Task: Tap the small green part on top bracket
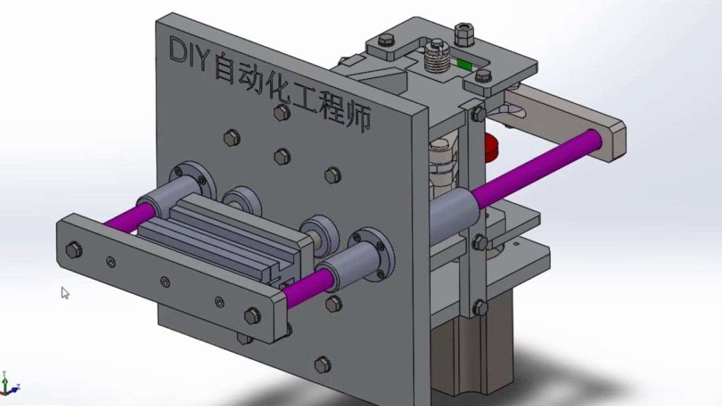pos(464,65)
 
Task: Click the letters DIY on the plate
pos(188,52)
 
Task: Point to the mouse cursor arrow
pos(65,293)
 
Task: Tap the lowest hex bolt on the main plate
pos(323,364)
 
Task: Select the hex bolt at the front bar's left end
pos(73,249)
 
